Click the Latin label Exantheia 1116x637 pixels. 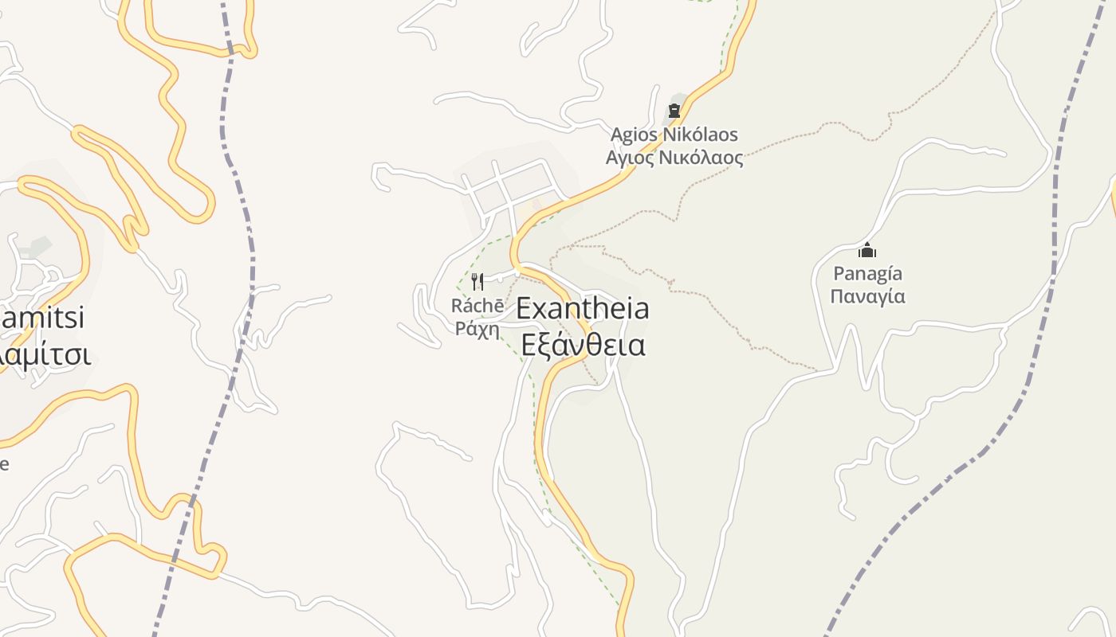[583, 309]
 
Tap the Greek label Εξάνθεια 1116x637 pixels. [583, 346]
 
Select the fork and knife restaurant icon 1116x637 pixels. [477, 281]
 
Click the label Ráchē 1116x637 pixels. [477, 306]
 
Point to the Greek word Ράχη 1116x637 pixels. [477, 328]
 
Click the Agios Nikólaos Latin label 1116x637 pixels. [674, 135]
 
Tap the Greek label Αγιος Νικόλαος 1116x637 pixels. [674, 158]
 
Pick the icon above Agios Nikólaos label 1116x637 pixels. [674, 111]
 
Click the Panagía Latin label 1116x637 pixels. [867, 274]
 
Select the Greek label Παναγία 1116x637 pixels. [867, 297]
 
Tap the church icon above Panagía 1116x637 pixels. [867, 251]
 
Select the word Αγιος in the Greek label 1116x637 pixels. [630, 158]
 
